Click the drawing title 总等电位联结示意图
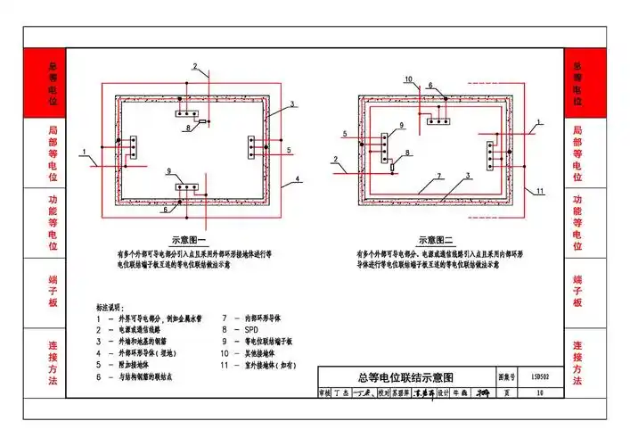[x=400, y=377]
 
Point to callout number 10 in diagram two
[x=408, y=80]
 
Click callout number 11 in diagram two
[x=539, y=192]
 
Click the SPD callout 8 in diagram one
[x=188, y=128]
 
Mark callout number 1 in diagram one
[x=82, y=151]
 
